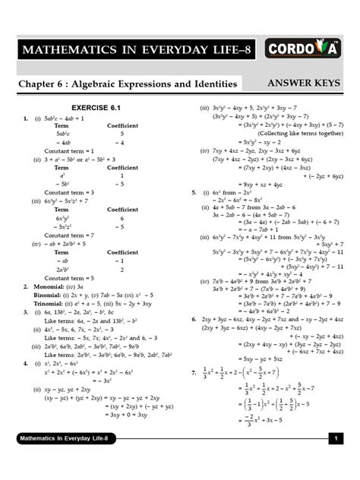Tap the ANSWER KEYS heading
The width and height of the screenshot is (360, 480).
coord(305,83)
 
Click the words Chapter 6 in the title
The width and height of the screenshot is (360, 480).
coord(45,84)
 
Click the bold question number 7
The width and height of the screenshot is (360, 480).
coord(194,372)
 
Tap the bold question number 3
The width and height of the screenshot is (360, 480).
coord(25,311)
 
